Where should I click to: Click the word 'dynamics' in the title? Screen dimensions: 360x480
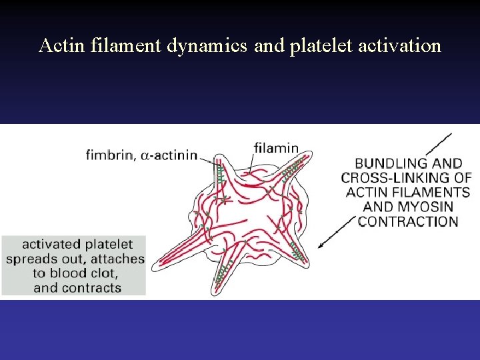click(x=205, y=45)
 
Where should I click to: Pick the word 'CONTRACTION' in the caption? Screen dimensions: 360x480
click(x=408, y=221)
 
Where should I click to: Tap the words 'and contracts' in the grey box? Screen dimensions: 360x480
click(x=77, y=288)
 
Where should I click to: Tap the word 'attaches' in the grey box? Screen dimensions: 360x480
click(x=118, y=259)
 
